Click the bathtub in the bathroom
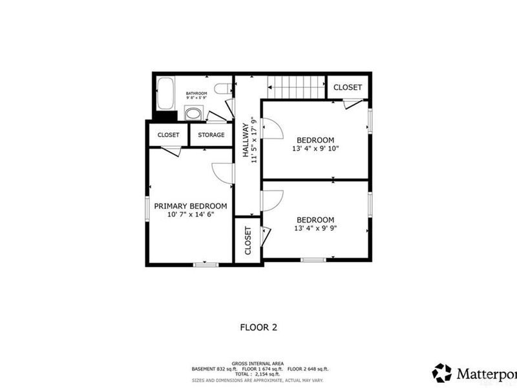[165, 94]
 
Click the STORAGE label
[211, 135]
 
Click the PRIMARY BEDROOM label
[191, 206]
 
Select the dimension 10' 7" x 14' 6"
[191, 214]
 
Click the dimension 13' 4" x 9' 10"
[315, 148]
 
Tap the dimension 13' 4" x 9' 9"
[315, 228]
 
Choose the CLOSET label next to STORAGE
[168, 135]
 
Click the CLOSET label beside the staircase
[348, 87]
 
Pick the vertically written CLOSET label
[248, 241]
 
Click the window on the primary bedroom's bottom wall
[206, 264]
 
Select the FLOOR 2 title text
[258, 328]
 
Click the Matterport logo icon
[443, 373]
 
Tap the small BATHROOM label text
[196, 94]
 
